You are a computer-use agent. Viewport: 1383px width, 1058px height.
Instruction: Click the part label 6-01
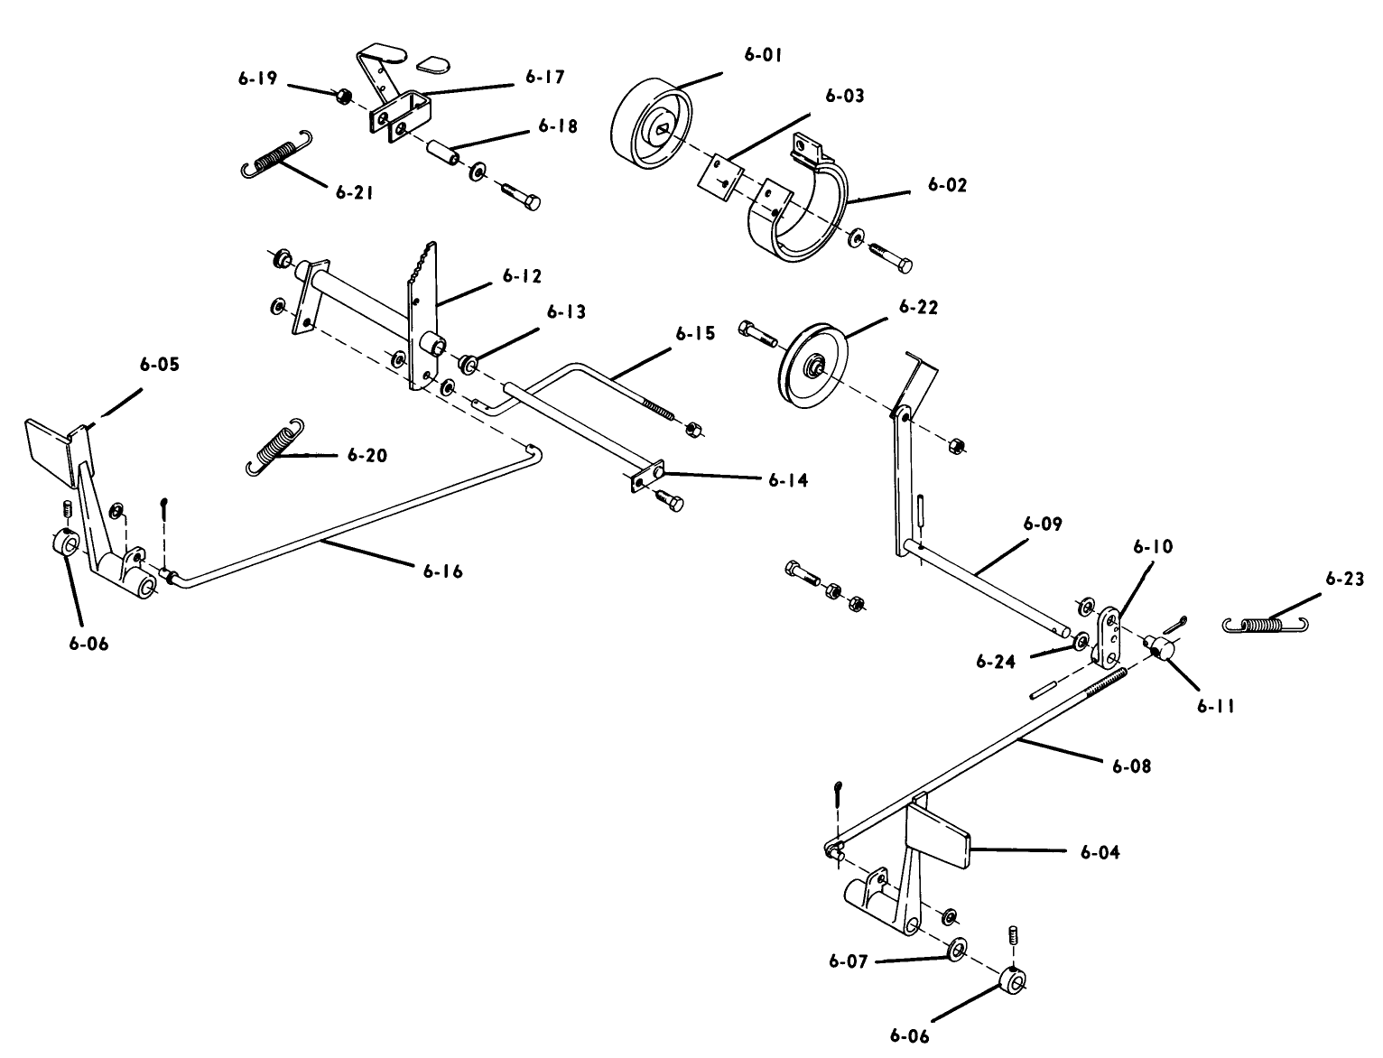[x=763, y=55]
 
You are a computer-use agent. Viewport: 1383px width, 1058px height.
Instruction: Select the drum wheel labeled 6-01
[x=648, y=125]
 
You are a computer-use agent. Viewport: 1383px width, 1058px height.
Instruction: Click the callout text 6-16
[x=442, y=571]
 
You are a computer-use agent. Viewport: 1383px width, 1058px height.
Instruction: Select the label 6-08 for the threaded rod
[x=1131, y=766]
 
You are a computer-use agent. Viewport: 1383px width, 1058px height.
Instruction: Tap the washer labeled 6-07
[x=955, y=951]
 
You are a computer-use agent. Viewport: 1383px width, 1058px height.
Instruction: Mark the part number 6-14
[x=788, y=480]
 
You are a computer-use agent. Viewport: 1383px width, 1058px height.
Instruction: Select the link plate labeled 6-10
[x=1109, y=632]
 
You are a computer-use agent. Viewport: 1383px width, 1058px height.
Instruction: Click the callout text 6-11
[x=1216, y=706]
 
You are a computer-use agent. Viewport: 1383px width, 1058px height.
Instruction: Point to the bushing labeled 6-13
[x=468, y=364]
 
